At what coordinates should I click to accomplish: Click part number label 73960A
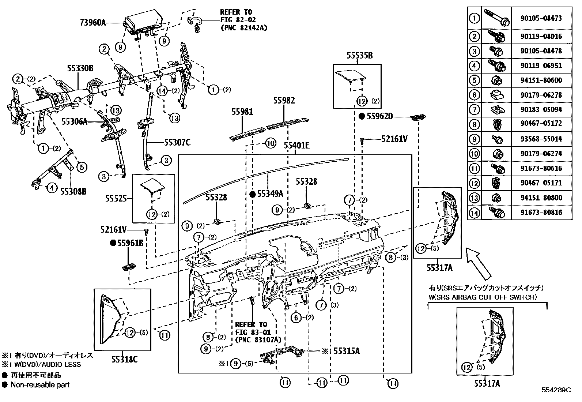click(x=92, y=23)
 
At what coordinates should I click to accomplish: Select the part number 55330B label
click(x=80, y=68)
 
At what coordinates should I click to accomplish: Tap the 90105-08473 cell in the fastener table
click(x=541, y=18)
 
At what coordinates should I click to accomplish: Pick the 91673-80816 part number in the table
click(x=541, y=212)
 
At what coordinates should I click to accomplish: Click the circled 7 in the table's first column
click(x=474, y=109)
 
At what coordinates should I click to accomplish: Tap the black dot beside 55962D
click(x=362, y=116)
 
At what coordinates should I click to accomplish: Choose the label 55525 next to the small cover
click(x=116, y=198)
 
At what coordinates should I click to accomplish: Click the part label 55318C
click(x=124, y=360)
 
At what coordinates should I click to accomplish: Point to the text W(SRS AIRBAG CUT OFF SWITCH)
click(x=483, y=297)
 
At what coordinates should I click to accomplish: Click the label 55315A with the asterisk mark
click(x=346, y=351)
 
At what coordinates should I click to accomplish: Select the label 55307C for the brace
click(x=177, y=142)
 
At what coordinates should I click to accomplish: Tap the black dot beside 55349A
click(x=252, y=194)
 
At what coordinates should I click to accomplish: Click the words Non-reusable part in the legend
click(x=40, y=385)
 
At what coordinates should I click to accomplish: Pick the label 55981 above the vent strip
click(x=242, y=112)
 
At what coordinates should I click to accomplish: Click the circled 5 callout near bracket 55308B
click(x=82, y=168)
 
